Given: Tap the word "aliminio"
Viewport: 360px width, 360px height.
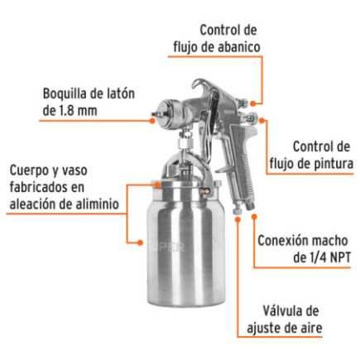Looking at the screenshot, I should tap(93, 203).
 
